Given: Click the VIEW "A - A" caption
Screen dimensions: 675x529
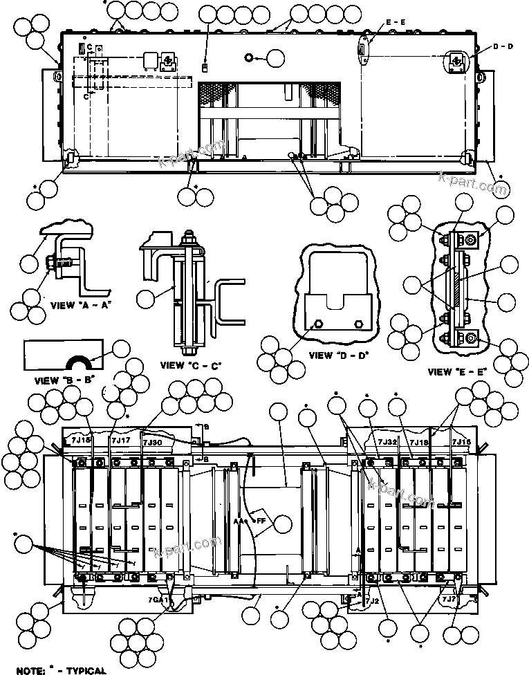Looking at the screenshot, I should (x=81, y=305).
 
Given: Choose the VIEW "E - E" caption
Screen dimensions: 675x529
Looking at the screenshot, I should (x=457, y=371).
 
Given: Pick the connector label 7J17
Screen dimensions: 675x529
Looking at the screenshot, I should (x=120, y=439).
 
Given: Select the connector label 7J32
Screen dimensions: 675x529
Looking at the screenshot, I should (x=387, y=441).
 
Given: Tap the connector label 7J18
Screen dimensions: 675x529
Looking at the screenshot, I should (x=419, y=441).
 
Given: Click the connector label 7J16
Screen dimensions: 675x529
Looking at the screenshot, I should (x=461, y=441).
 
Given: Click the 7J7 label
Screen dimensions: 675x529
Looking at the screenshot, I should (x=448, y=600).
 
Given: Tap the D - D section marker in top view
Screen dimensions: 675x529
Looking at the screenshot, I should (x=503, y=46).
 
